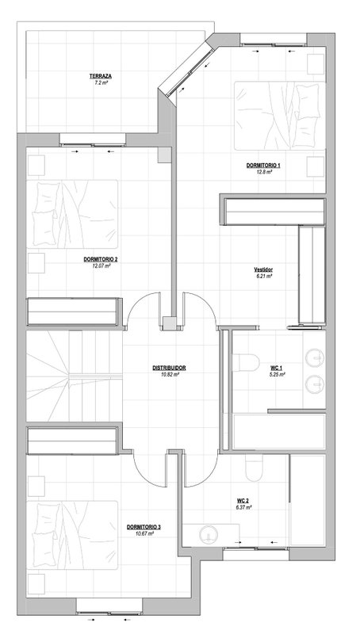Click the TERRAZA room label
101,76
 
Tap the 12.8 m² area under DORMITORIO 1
264,171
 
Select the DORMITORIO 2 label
101,260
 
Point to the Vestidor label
263,269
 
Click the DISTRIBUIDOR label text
169,368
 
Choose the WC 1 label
277,369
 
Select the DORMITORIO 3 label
144,527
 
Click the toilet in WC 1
246,362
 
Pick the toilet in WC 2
254,468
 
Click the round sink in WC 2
209,534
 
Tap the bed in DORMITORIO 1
279,116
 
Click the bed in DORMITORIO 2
72,214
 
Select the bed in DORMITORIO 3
72,535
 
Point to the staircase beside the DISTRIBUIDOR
75,376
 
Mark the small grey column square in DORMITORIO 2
164,155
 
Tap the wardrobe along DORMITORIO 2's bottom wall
74,311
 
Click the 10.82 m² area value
169,374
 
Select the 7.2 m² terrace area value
101,82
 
